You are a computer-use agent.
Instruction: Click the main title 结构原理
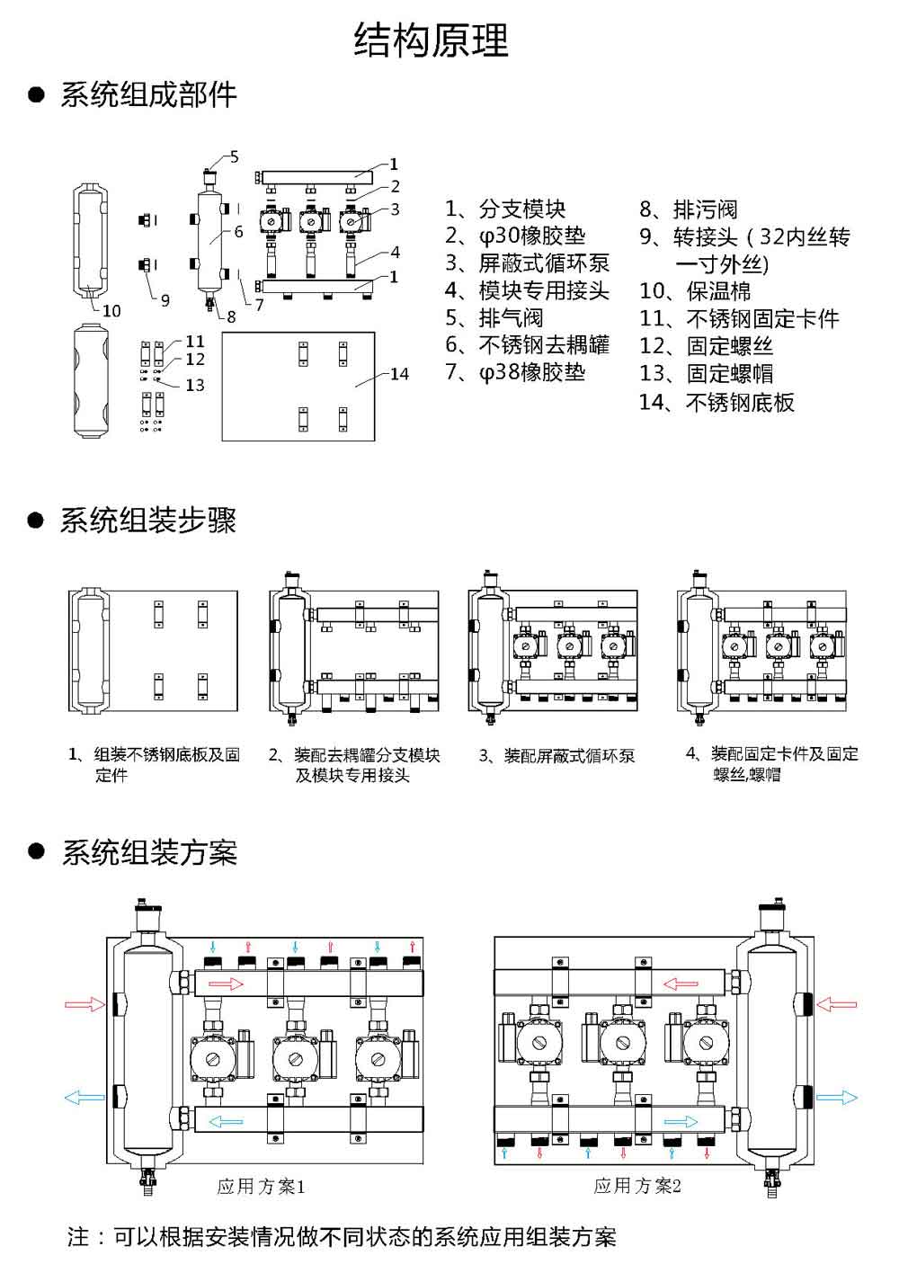432,40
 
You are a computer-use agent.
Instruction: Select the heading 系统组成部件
148,94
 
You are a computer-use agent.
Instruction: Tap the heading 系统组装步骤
148,521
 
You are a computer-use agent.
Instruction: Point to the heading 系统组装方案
148,851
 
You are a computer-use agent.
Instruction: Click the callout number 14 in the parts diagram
399,373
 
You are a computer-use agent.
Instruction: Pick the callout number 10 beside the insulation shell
111,311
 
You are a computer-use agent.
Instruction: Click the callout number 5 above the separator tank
234,156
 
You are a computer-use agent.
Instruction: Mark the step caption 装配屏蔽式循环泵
556,756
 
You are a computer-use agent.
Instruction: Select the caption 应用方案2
637,1187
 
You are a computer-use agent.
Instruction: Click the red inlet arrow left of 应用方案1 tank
85,1004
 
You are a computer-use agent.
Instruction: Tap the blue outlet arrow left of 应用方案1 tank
85,1097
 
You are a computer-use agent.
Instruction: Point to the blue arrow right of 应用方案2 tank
836,1097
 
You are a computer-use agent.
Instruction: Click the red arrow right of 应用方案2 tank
836,1004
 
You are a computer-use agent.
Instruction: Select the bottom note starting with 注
342,1237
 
